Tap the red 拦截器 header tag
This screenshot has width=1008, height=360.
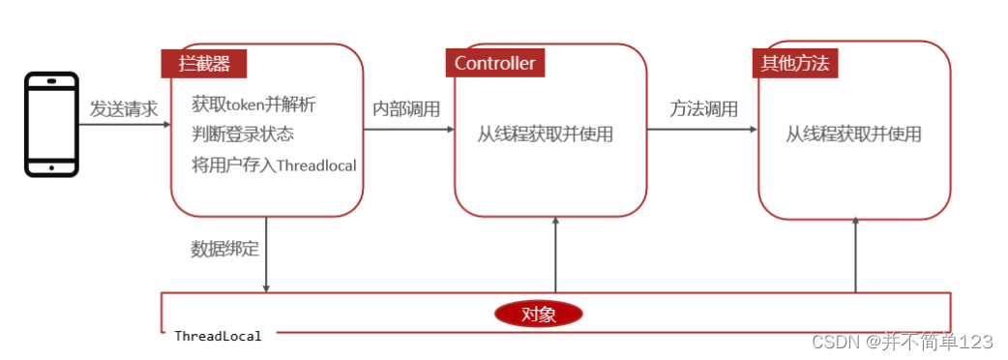(x=202, y=64)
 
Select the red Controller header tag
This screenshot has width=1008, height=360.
(x=494, y=64)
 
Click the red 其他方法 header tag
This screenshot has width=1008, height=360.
(x=794, y=64)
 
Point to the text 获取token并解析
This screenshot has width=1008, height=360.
(x=253, y=104)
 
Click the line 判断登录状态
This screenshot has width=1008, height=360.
(x=242, y=134)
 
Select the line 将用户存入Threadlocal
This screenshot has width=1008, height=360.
(x=274, y=165)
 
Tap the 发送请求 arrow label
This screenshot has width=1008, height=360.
(x=124, y=108)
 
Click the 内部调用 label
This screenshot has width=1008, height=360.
(x=406, y=108)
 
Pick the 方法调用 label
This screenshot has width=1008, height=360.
(x=703, y=108)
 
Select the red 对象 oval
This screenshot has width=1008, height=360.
(x=538, y=314)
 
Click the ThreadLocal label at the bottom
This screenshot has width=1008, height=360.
(x=218, y=336)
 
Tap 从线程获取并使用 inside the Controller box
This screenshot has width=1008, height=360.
(x=545, y=135)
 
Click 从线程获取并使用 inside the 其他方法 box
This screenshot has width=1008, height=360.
(x=853, y=135)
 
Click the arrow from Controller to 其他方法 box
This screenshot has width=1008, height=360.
(x=702, y=130)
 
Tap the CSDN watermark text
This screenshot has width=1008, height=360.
(x=902, y=342)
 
